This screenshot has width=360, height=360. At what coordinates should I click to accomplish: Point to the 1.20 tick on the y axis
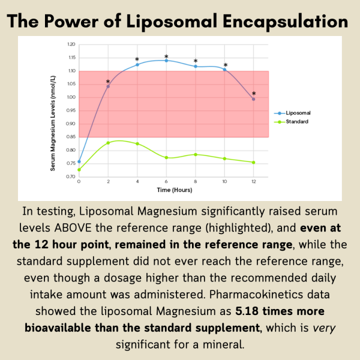(x=71, y=44)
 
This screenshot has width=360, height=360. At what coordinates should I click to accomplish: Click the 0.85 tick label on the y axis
(x=71, y=137)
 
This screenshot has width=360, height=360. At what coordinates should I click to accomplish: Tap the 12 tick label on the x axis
(x=254, y=181)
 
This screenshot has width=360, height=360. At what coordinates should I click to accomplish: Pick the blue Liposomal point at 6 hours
(x=166, y=61)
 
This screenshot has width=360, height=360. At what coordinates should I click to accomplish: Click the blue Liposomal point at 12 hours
(x=254, y=99)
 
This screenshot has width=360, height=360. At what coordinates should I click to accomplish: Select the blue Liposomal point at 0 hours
(x=79, y=161)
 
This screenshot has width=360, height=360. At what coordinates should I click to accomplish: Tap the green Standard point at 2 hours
(x=108, y=143)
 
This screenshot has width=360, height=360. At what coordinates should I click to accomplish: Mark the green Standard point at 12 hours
(x=254, y=162)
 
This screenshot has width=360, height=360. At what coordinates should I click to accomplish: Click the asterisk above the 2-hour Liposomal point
(x=108, y=82)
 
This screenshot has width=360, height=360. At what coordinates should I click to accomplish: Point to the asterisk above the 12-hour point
(x=254, y=94)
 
